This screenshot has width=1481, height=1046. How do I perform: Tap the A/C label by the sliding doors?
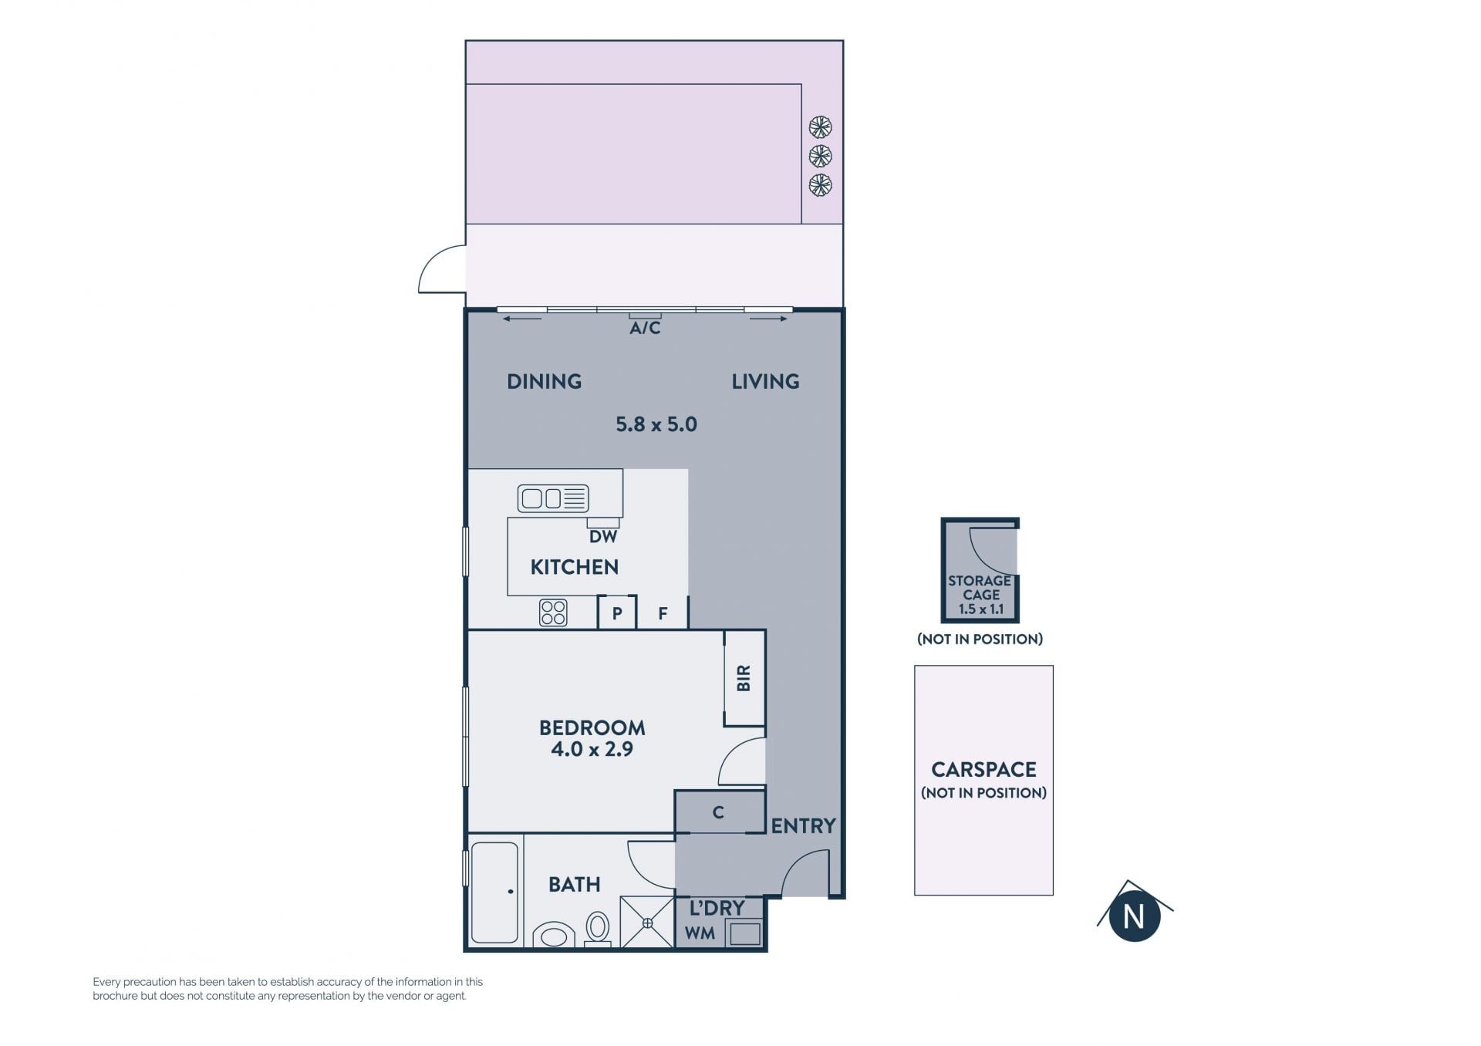645,328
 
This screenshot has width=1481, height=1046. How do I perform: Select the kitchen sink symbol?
553,498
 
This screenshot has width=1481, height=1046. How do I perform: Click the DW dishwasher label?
603,536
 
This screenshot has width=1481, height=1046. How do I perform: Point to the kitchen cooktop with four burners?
553,612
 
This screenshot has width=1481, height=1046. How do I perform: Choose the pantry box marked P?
617,612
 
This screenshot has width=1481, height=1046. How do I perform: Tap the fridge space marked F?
663,612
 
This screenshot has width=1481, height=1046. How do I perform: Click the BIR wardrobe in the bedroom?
744,678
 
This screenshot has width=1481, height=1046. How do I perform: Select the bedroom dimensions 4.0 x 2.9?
592,749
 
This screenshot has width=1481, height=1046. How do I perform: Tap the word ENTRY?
803,826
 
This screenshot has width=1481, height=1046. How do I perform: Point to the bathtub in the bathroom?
494,892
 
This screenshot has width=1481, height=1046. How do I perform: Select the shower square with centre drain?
647,922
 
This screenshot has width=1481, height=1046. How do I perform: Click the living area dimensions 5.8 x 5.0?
656,424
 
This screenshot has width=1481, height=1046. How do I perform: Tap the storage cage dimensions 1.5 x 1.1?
980,609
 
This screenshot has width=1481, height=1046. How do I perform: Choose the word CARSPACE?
983,769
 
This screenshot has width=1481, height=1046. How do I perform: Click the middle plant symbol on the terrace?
820,156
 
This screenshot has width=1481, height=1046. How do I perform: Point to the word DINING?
544,381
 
